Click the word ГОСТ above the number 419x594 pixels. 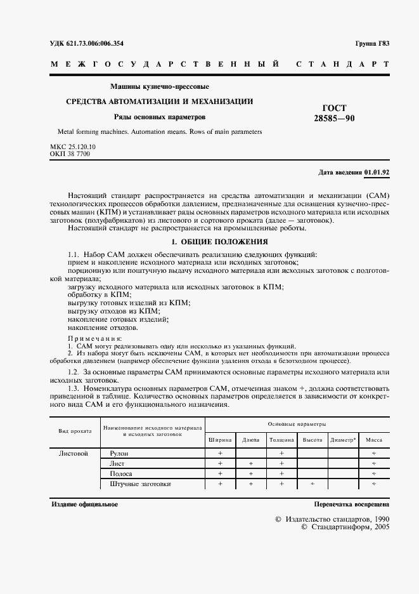335,108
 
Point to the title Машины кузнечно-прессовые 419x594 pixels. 160,86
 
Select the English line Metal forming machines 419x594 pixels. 155,132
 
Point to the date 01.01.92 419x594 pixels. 377,173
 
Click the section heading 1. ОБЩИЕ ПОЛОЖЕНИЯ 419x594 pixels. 212,242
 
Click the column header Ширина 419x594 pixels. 220,439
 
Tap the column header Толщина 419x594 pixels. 281,439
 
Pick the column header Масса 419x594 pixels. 374,439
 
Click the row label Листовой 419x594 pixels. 73,454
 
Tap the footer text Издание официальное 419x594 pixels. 84,504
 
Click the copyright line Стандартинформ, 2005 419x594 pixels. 345,527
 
